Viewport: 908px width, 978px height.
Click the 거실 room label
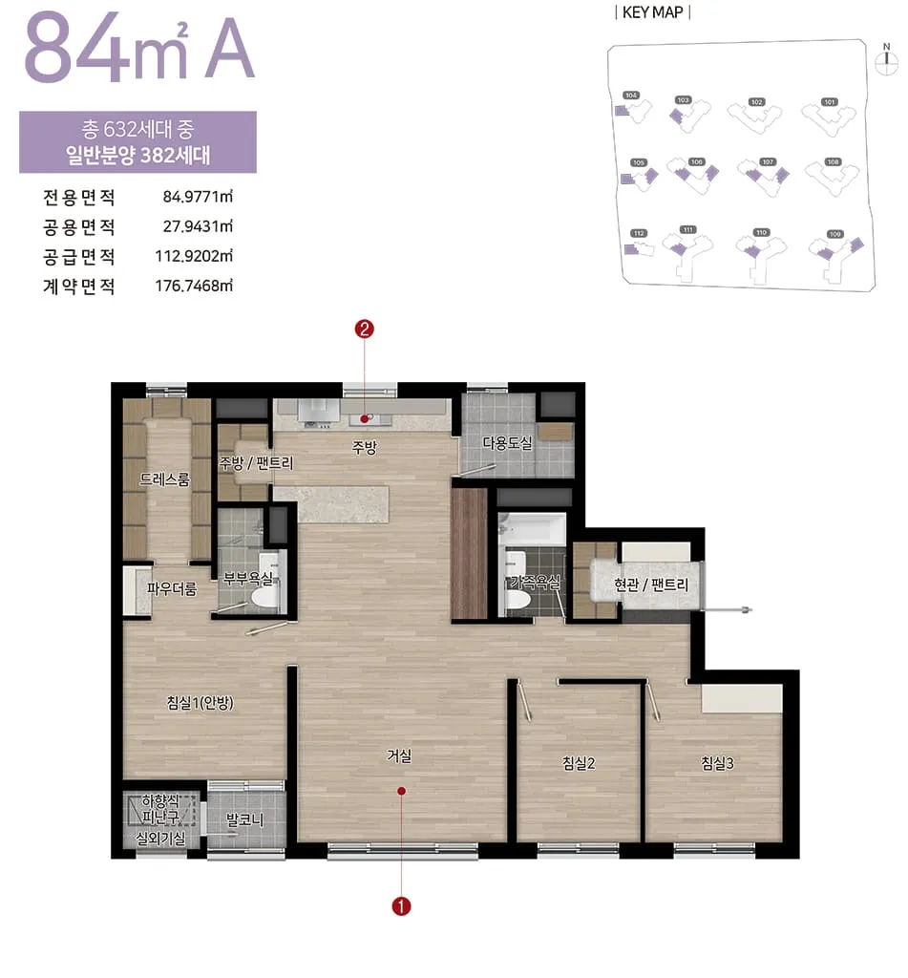tap(398, 755)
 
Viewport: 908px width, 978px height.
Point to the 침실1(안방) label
tap(201, 703)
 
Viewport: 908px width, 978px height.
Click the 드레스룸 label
tap(164, 479)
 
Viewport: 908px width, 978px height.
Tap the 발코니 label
tap(244, 819)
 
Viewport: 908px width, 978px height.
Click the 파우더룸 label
tap(172, 589)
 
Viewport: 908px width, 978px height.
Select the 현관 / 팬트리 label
tap(651, 584)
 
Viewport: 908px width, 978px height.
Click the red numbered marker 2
tap(364, 330)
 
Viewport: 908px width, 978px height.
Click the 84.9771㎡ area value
tap(198, 199)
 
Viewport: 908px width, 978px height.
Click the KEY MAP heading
tap(654, 12)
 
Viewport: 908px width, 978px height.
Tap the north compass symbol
tap(887, 58)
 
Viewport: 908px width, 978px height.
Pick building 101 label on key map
tap(829, 101)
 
